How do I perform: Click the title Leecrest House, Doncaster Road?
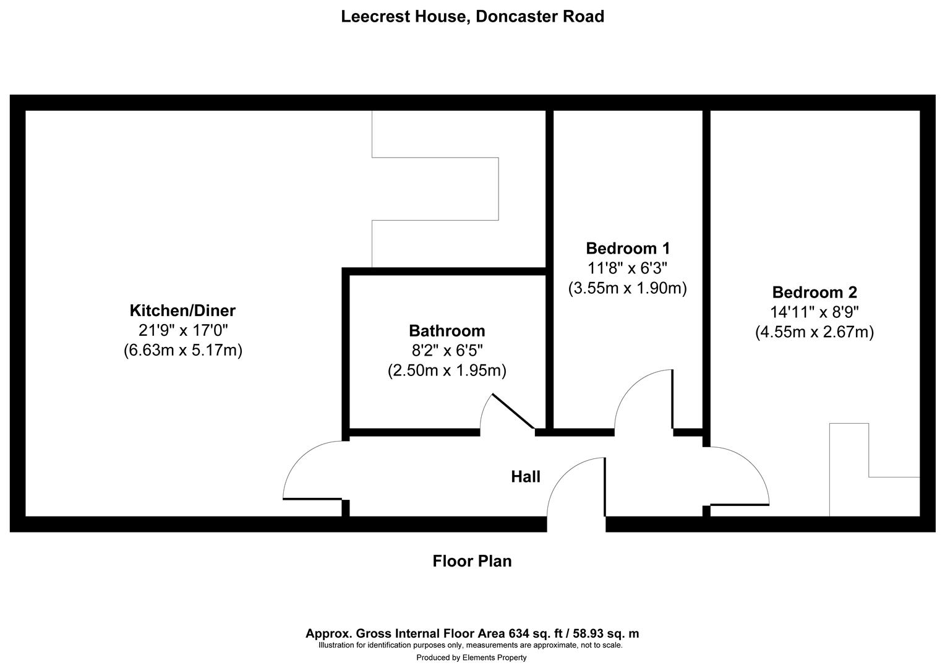pos(472,17)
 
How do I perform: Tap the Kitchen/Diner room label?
pos(182,310)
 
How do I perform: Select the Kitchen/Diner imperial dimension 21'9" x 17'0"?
pos(182,330)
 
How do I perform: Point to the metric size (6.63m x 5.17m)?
pos(182,351)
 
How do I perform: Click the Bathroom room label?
pos(447,330)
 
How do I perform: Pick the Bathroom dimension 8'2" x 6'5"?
pos(447,351)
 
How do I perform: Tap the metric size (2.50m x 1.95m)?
pos(447,371)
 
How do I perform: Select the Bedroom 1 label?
pos(627,248)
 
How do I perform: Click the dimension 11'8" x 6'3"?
pos(627,268)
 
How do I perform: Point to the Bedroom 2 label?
pos(814,292)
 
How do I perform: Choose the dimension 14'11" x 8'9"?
pos(814,312)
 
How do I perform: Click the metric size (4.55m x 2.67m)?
pos(814,332)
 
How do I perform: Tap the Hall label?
pos(525,477)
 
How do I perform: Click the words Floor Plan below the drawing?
pos(472,562)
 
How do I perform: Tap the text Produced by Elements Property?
pos(471,657)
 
